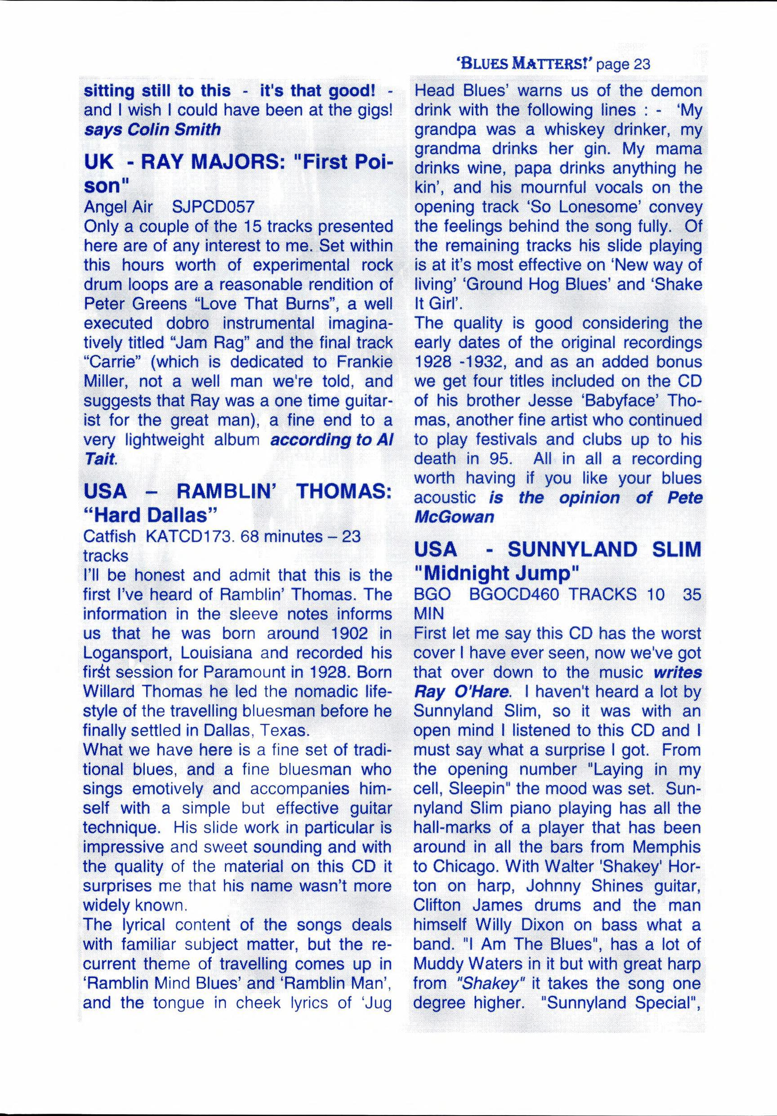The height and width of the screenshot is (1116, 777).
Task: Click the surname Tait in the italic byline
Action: (x=100, y=459)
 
